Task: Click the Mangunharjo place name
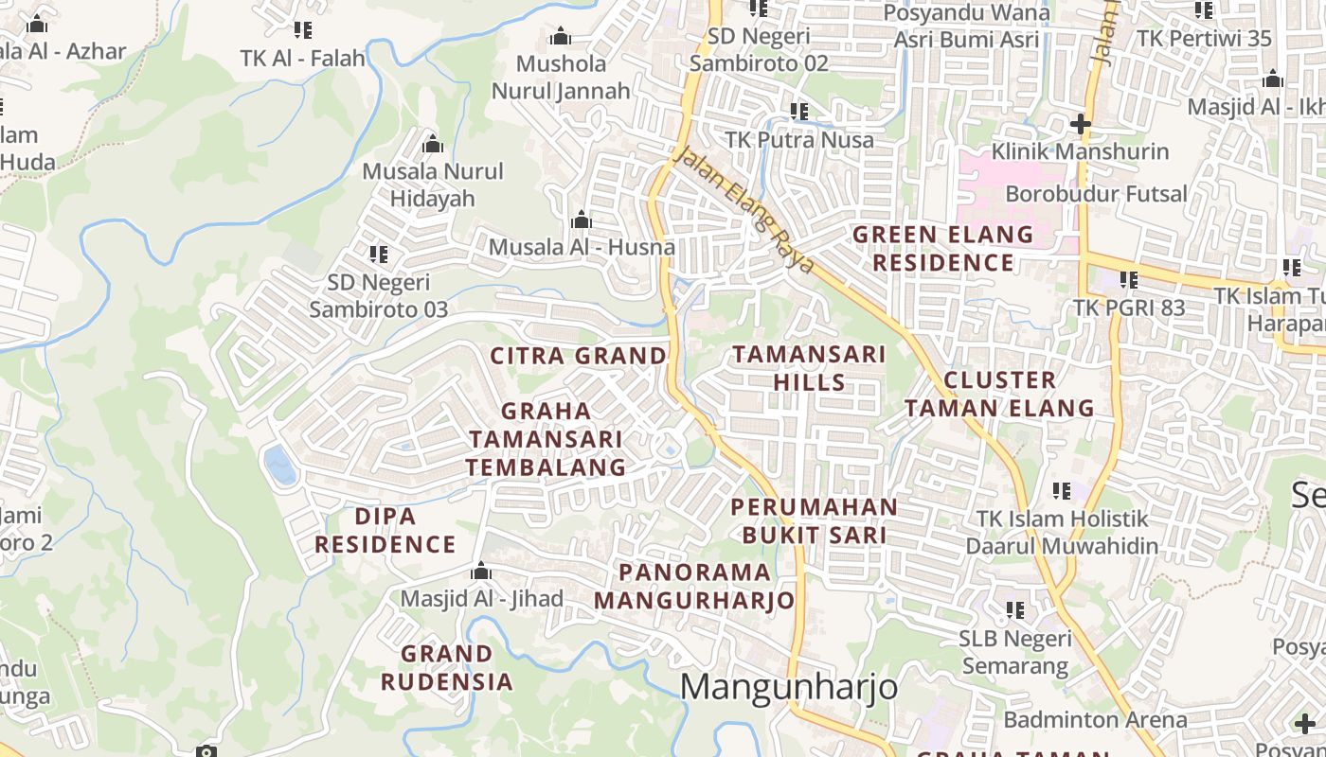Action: (789, 686)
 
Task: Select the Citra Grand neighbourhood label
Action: (578, 357)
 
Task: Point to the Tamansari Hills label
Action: (809, 368)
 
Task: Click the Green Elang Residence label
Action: (942, 248)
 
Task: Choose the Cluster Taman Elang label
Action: (999, 394)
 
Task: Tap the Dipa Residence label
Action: (385, 530)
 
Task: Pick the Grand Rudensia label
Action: (447, 667)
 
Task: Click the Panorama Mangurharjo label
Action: (694, 586)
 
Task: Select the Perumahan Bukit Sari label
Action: (815, 520)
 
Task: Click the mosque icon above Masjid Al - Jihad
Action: (481, 572)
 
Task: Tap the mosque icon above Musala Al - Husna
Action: (582, 220)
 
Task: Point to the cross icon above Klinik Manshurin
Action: (1080, 124)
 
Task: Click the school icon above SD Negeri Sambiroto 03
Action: (379, 254)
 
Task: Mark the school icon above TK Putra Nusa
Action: (799, 112)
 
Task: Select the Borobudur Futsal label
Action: (1096, 194)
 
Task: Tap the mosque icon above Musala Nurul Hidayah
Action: (433, 144)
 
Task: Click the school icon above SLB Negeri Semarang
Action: (1014, 610)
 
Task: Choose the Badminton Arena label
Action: (1095, 719)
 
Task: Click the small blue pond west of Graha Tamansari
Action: (279, 466)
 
